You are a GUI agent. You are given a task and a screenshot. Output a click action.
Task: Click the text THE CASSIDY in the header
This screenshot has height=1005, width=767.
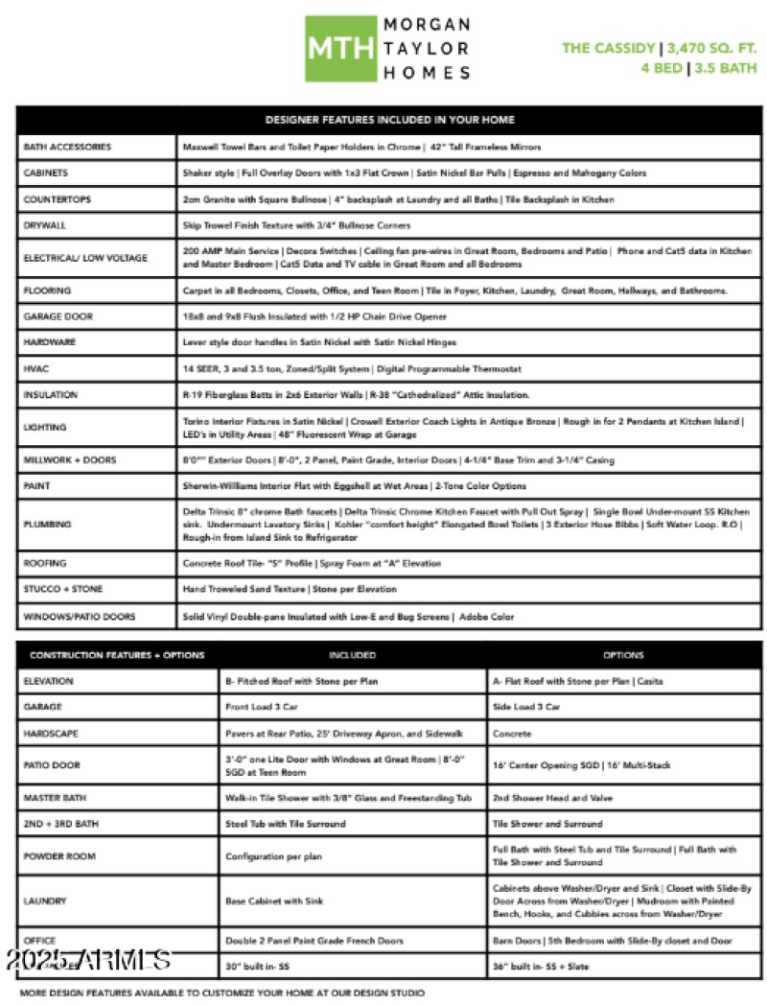tap(608, 48)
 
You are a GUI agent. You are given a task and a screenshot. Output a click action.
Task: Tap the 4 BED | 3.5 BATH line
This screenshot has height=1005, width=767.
tap(699, 68)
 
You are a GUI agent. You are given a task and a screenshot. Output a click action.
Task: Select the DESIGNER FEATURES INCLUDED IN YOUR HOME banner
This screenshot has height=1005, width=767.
tap(389, 120)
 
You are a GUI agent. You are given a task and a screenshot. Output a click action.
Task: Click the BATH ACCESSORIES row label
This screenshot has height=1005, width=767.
tap(67, 147)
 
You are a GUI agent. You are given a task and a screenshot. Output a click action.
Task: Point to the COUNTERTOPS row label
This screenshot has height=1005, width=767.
tap(54, 199)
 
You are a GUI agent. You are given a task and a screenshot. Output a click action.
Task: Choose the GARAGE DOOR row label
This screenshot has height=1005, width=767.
tap(58, 316)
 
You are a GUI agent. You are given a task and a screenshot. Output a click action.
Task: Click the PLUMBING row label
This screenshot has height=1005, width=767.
tap(46, 525)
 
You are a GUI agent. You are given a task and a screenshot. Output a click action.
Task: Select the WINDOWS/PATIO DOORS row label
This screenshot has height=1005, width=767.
tap(80, 617)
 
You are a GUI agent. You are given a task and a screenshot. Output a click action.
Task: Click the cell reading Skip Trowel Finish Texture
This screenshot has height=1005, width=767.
tap(296, 225)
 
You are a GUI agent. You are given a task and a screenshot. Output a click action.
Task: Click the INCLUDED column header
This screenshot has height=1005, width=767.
tap(352, 655)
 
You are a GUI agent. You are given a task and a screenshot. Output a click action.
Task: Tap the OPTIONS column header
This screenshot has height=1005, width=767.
tap(623, 655)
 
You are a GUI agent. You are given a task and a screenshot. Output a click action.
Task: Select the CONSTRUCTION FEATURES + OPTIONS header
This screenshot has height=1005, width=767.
tap(116, 655)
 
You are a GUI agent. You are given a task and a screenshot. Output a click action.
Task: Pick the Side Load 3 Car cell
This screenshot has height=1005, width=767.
tap(526, 707)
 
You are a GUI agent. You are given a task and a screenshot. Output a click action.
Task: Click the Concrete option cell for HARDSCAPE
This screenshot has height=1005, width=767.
tap(512, 733)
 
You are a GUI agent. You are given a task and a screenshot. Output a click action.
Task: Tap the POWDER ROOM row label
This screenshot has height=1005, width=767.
tap(60, 855)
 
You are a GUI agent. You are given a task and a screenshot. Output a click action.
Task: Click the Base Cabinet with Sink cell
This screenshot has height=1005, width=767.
tap(274, 900)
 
